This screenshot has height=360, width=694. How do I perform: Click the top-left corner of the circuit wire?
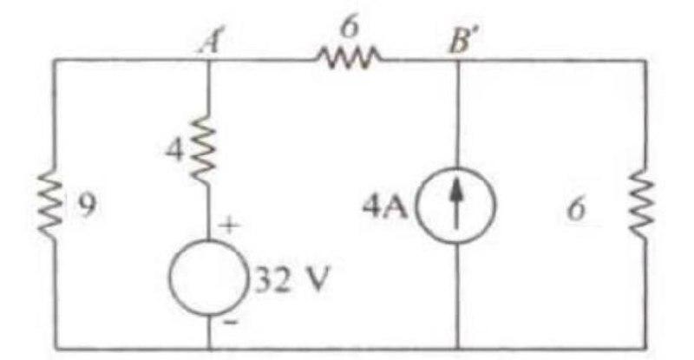point(54,60)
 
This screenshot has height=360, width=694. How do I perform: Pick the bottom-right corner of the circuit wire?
point(643,349)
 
